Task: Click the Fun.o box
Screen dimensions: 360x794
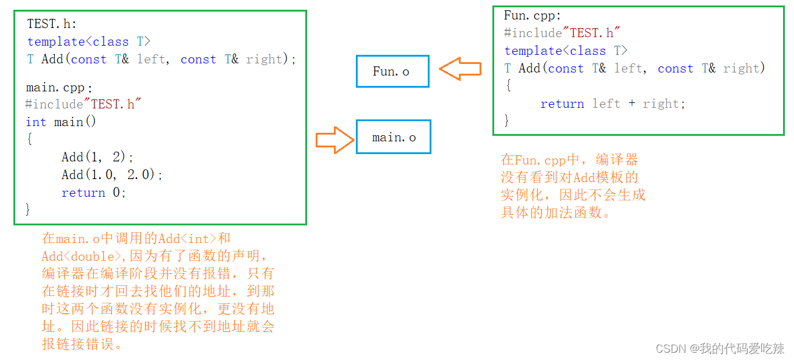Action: (392, 71)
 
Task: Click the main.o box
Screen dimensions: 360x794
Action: (393, 137)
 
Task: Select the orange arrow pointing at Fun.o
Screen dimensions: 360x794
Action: (460, 69)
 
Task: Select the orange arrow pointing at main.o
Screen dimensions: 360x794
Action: (335, 139)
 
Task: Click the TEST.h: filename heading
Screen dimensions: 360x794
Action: (52, 24)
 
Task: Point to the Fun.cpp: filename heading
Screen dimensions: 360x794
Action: (533, 16)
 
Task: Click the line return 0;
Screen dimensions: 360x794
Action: (93, 192)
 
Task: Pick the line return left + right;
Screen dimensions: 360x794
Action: (612, 104)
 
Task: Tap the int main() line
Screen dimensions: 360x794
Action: (61, 122)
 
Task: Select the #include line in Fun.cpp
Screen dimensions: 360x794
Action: (562, 33)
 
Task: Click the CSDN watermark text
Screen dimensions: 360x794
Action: (720, 348)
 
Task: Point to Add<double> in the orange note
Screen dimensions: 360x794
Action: (83, 256)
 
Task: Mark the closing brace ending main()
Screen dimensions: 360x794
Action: (27, 210)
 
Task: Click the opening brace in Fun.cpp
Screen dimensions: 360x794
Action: (508, 86)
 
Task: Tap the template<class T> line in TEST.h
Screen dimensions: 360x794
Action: (88, 41)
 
